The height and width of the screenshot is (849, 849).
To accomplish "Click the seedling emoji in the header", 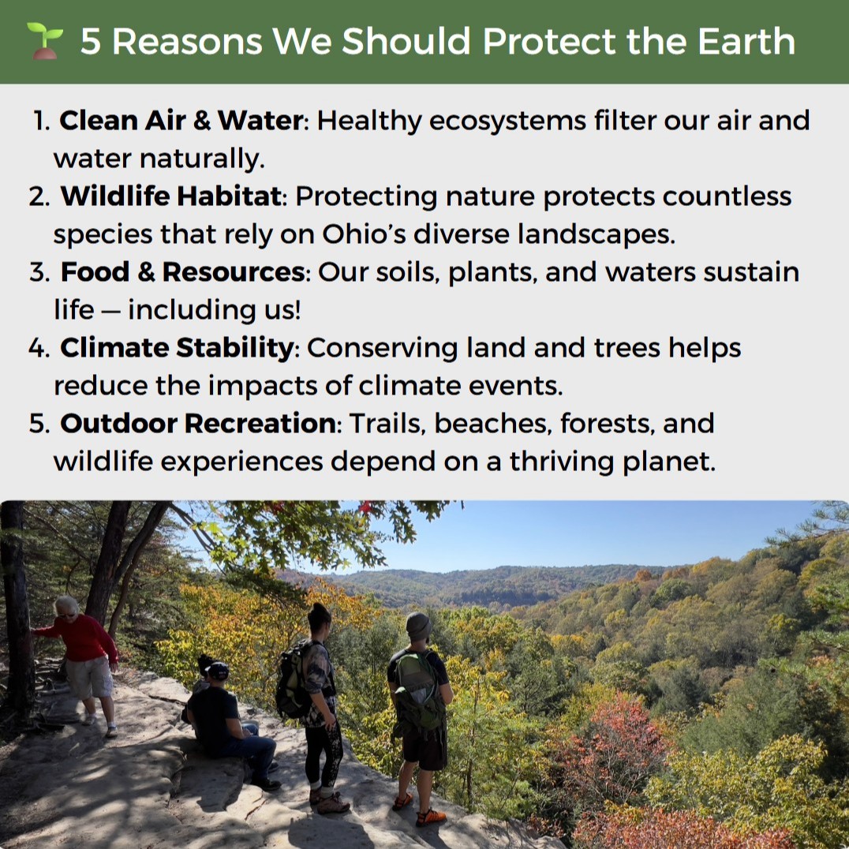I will (44, 40).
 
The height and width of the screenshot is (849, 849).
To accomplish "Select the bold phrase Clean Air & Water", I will (181, 121).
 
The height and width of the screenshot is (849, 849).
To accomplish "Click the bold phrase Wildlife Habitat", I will (171, 196).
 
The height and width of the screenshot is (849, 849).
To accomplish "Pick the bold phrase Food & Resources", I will (183, 271).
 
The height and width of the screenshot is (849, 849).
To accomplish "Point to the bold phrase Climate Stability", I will (177, 347).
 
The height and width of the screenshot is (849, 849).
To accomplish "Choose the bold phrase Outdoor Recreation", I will (198, 423).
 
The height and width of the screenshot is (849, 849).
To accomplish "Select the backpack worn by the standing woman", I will (294, 680).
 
